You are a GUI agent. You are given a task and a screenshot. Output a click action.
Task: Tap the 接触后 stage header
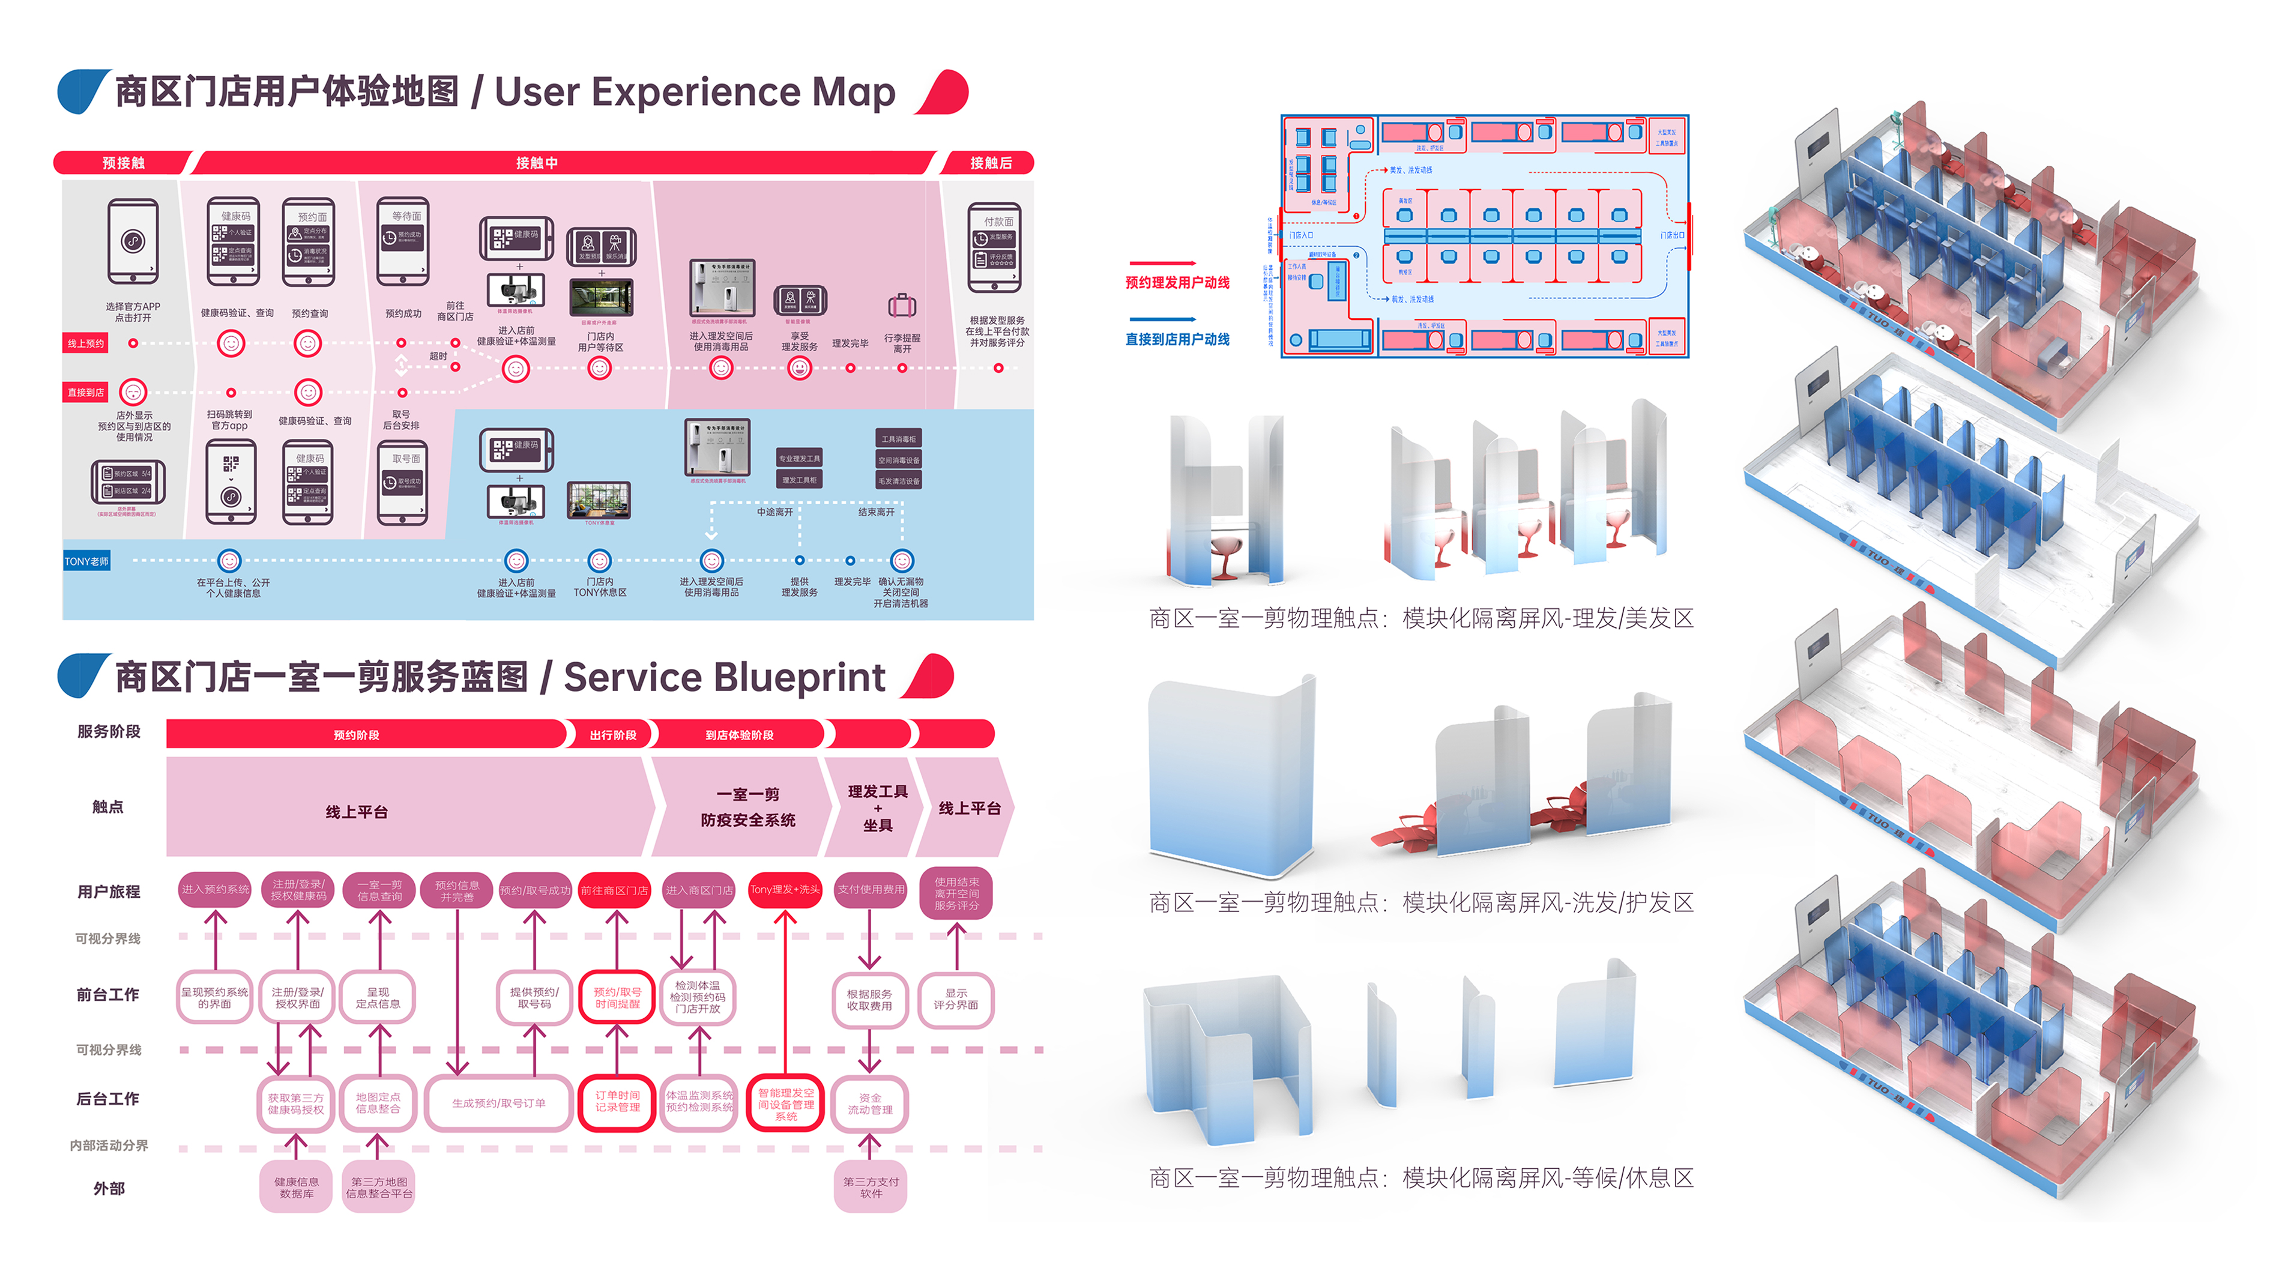point(990,162)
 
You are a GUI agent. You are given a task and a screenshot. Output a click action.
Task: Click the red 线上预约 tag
point(86,343)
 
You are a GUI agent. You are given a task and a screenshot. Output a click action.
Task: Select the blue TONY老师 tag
point(86,561)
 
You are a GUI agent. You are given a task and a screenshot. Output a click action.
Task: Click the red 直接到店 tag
point(86,392)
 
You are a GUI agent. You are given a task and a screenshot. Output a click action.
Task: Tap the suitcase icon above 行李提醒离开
point(902,306)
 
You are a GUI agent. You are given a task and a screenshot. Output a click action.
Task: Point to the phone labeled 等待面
point(403,241)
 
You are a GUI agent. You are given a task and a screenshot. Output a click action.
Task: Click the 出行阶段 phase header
point(612,734)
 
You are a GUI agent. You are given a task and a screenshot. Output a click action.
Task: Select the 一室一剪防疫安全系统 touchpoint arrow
point(746,806)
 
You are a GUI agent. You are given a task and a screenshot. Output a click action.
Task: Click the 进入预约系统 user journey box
point(216,889)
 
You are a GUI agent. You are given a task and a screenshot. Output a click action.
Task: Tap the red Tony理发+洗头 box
point(785,889)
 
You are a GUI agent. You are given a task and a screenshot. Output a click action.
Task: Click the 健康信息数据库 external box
point(297,1187)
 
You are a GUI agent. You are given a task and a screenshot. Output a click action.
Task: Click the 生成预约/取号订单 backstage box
point(498,1103)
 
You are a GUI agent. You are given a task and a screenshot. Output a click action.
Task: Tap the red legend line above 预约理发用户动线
point(1163,263)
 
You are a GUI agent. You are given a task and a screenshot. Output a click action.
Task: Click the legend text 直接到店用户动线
point(1177,340)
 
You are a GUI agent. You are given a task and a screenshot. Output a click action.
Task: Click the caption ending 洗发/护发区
point(1420,902)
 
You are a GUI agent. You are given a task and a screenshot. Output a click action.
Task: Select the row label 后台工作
point(107,1099)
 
